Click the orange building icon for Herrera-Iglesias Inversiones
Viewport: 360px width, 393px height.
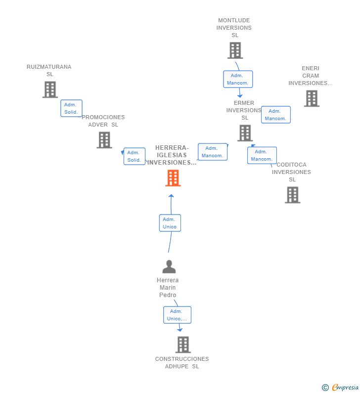(x=173, y=178)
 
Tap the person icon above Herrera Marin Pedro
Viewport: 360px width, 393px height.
(x=169, y=267)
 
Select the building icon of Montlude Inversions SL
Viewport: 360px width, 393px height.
(x=235, y=50)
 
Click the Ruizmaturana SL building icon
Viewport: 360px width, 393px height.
(x=50, y=89)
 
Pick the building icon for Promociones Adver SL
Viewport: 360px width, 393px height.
(x=104, y=140)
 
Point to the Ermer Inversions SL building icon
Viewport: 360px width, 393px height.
(x=245, y=133)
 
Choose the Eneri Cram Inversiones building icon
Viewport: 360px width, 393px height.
(x=311, y=98)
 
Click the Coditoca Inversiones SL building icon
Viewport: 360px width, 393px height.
(x=292, y=195)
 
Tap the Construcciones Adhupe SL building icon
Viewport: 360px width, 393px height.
(x=183, y=345)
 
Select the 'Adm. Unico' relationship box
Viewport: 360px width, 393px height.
(x=170, y=223)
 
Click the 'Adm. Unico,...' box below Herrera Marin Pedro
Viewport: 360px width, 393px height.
(x=177, y=315)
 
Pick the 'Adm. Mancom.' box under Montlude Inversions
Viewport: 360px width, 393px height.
(x=238, y=79)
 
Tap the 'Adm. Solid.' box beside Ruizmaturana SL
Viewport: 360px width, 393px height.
(x=71, y=108)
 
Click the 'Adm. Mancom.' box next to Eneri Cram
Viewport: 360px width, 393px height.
(x=275, y=115)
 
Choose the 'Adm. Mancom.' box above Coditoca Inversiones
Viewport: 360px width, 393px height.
(x=262, y=155)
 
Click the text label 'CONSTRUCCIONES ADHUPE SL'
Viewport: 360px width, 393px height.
(x=182, y=362)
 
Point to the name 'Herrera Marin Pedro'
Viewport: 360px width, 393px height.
(x=168, y=288)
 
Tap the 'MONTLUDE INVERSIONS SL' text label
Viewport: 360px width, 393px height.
(x=234, y=28)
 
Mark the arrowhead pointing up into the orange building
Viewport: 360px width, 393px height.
(x=171, y=196)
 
